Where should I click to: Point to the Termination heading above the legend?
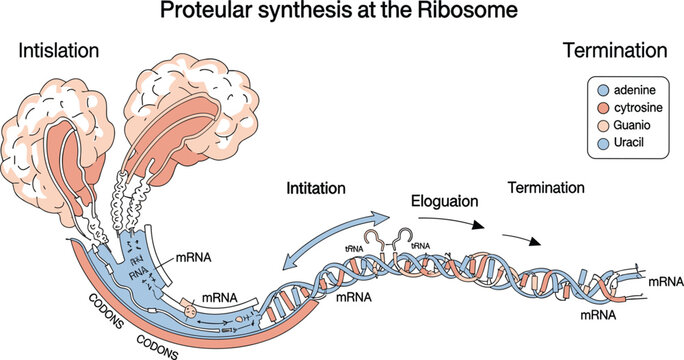(x=615, y=50)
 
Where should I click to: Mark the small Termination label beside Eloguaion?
(x=549, y=187)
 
